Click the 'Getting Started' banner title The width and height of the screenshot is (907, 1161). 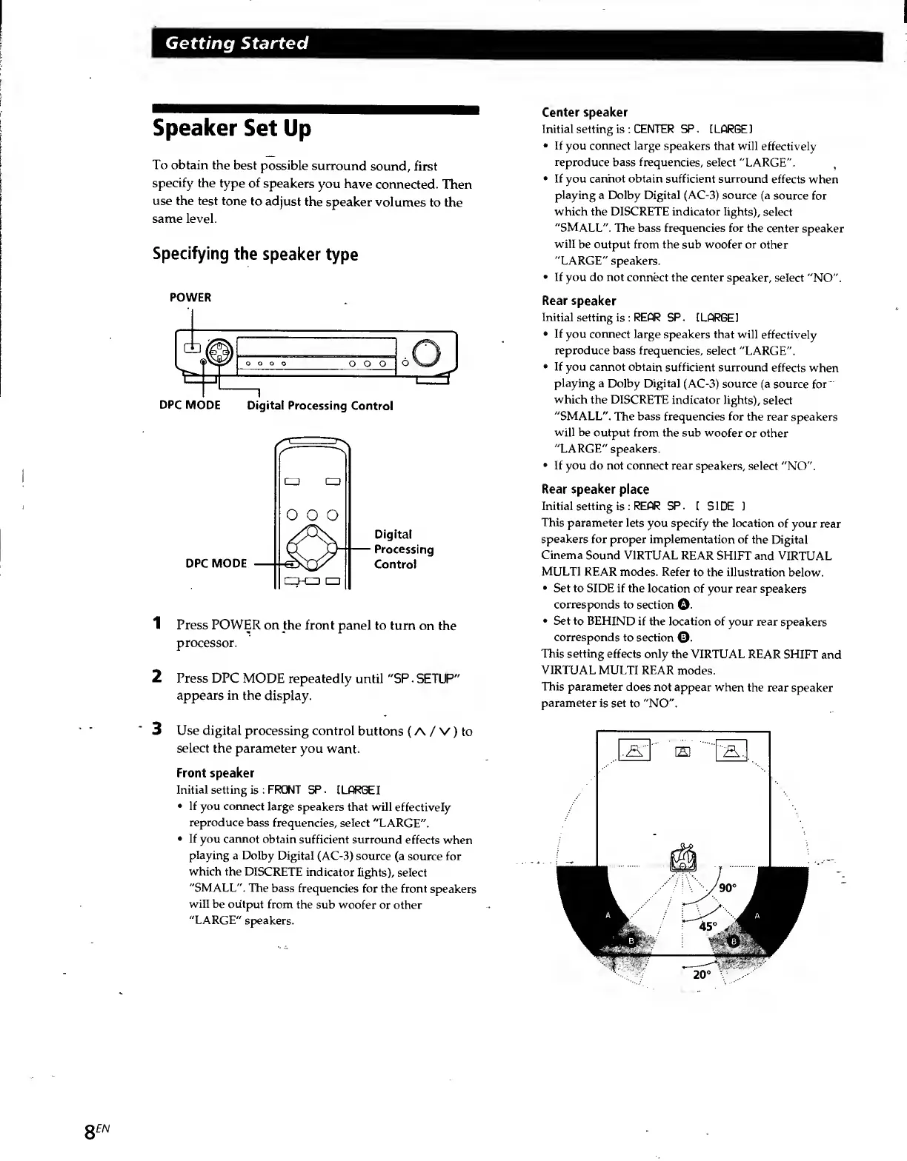pyautogui.click(x=236, y=43)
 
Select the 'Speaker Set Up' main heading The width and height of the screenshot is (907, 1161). pyautogui.click(x=232, y=129)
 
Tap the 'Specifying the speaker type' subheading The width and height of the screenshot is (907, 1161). pyautogui.click(x=255, y=254)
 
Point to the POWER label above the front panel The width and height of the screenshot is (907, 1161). pyautogui.click(x=190, y=298)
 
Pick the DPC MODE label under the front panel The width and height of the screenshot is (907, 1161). pyautogui.click(x=190, y=405)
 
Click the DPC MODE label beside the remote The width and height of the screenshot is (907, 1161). pyautogui.click(x=216, y=563)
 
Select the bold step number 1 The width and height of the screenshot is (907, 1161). pyautogui.click(x=157, y=623)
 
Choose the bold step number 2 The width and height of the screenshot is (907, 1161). pyautogui.click(x=157, y=677)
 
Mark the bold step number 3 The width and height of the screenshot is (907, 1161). pyautogui.click(x=157, y=729)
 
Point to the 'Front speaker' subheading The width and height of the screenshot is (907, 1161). pyautogui.click(x=215, y=773)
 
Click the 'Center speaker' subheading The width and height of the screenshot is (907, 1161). pyautogui.click(x=585, y=113)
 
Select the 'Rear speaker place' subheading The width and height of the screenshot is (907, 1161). pyautogui.click(x=595, y=489)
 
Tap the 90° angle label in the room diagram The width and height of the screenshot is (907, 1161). pyautogui.click(x=728, y=888)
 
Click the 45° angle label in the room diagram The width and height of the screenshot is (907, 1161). pyautogui.click(x=708, y=926)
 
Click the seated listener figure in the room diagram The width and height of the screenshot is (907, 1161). pyautogui.click(x=683, y=859)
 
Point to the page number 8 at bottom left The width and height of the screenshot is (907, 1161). pyautogui.click(x=93, y=1131)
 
